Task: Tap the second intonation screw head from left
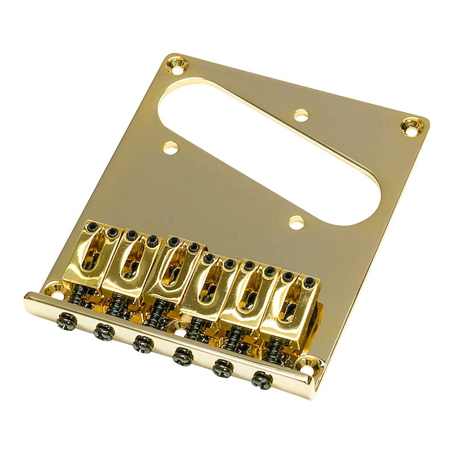[103, 328]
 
